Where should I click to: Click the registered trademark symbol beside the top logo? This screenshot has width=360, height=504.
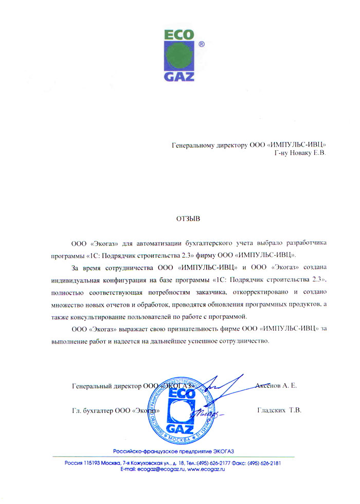coord(202,45)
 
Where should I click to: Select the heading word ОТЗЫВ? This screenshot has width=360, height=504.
coord(188,219)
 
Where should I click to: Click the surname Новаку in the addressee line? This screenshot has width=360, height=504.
coord(300,153)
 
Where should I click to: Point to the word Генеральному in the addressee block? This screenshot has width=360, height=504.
coord(194,145)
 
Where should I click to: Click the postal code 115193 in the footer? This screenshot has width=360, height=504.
coord(95,463)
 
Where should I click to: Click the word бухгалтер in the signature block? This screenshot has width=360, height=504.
coord(98,410)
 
